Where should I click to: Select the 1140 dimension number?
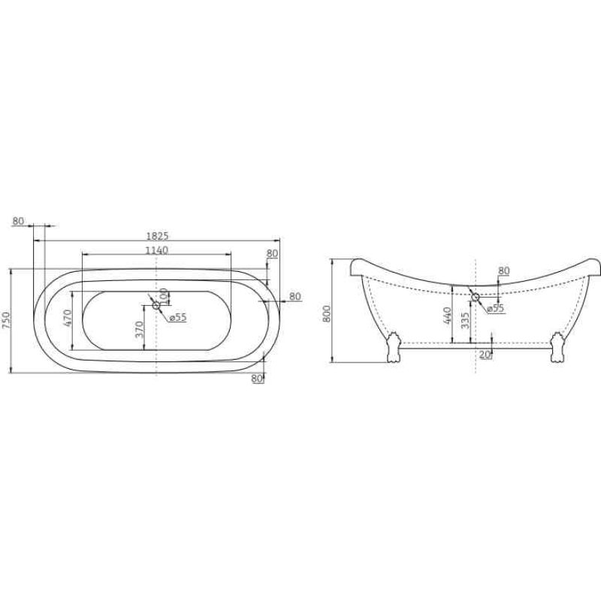[x=156, y=250]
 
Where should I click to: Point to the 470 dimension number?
[x=68, y=319]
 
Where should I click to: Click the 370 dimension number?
[x=140, y=330]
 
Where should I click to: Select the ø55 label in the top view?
[x=177, y=318]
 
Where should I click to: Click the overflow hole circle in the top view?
[x=156, y=304]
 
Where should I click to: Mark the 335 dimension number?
[x=467, y=321]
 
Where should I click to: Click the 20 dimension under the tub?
[x=485, y=355]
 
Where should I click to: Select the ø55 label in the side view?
[x=494, y=308]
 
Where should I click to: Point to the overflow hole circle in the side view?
[x=474, y=294]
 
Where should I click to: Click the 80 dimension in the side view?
[x=503, y=270]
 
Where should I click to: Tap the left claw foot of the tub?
[x=392, y=350]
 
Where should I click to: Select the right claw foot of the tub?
[x=557, y=350]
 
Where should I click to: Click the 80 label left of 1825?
[x=18, y=222]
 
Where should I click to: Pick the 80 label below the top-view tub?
[x=257, y=379]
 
